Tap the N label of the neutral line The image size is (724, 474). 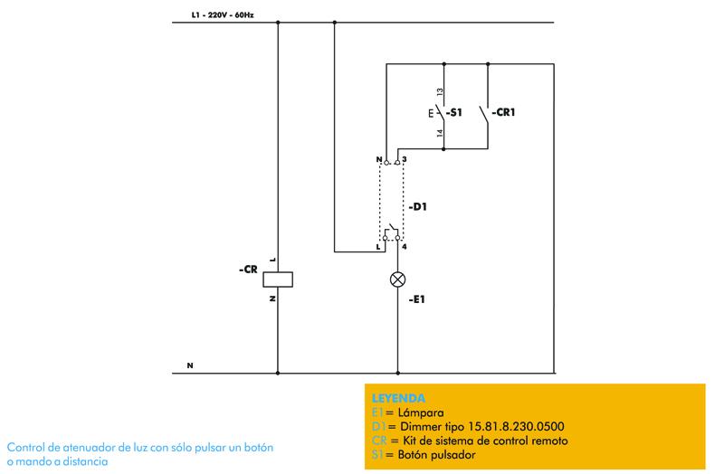[x=190, y=365]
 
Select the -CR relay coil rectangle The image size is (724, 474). [x=277, y=280]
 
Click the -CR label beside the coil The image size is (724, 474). [x=248, y=269]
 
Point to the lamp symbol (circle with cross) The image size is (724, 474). [x=397, y=280]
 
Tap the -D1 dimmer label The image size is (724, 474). [x=418, y=207]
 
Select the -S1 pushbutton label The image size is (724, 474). [x=453, y=113]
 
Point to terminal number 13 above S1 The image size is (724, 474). [x=439, y=93]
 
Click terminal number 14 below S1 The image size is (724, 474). [x=439, y=133]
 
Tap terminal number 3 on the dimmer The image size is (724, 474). [x=405, y=158]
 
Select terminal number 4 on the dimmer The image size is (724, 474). [x=405, y=246]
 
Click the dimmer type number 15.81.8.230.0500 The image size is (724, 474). [x=494, y=426]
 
